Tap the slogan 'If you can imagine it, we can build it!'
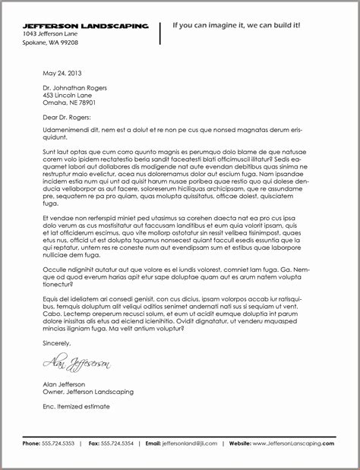[236, 25]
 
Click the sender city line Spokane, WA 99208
[50, 43]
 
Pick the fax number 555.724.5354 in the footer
[118, 443]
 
